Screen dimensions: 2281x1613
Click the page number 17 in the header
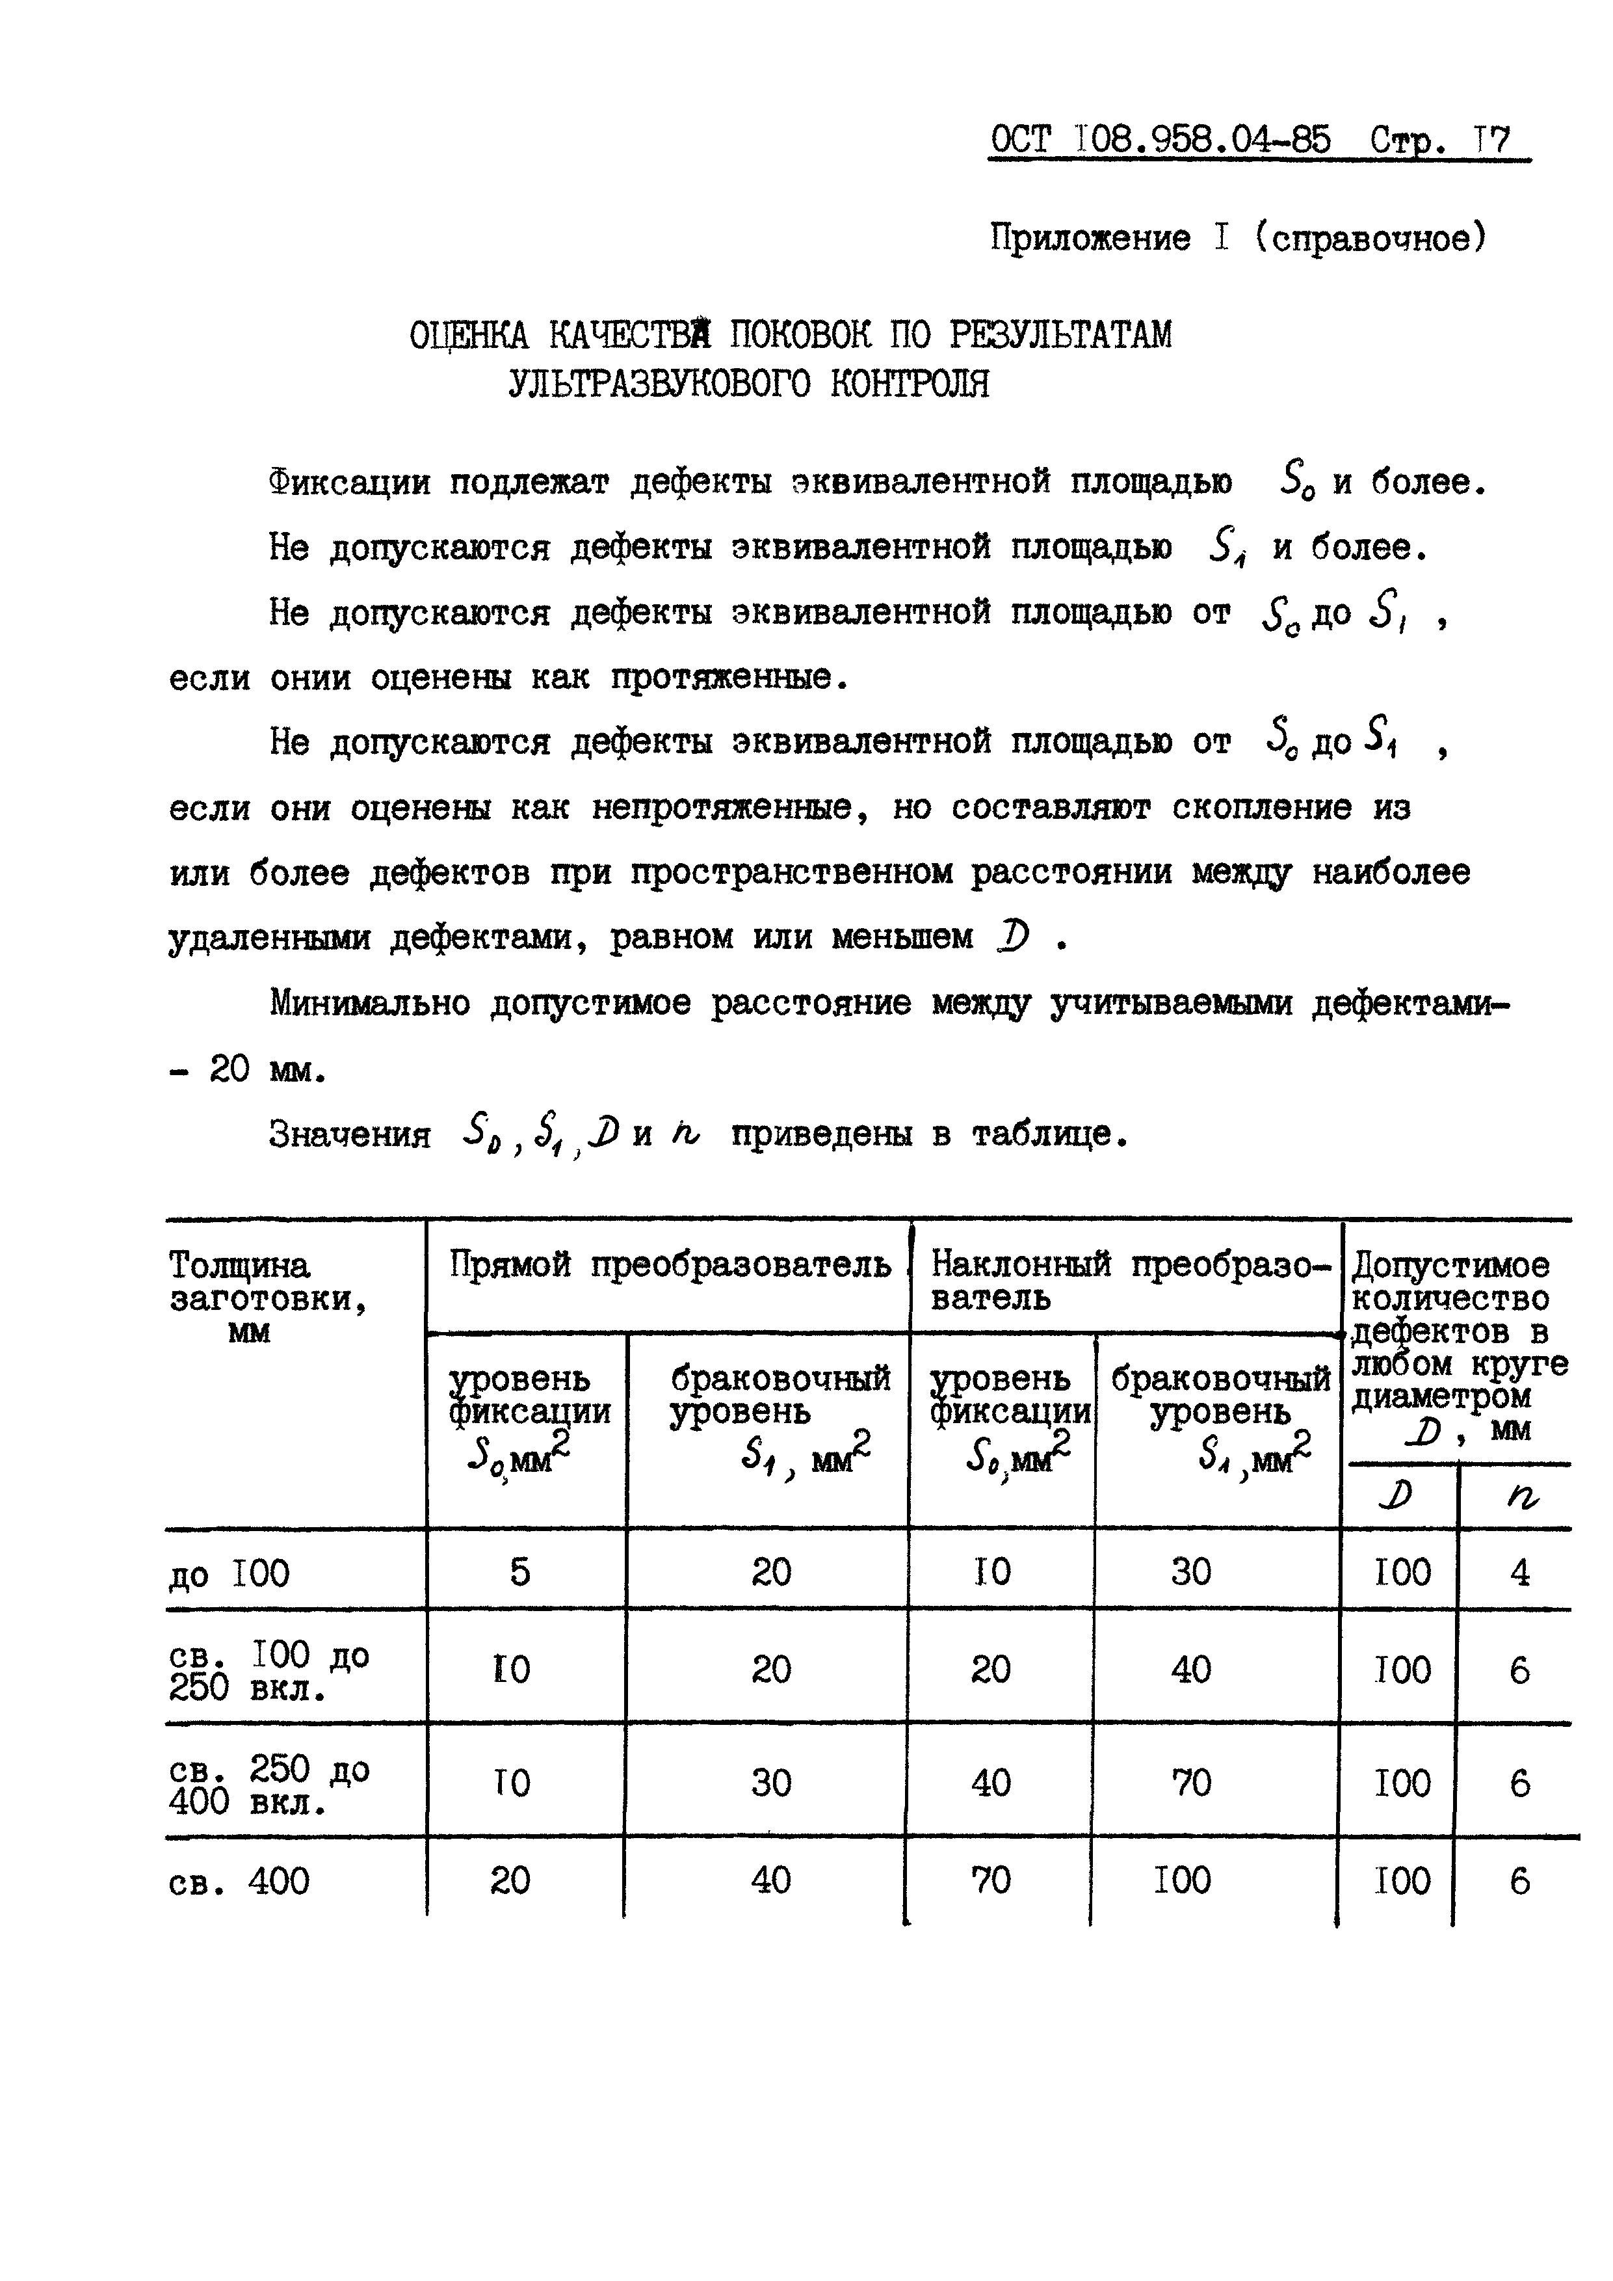(x=1492, y=140)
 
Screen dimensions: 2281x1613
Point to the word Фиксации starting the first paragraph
(x=350, y=483)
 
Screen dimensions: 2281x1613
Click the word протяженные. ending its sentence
(x=730, y=678)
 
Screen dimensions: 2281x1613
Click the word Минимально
(x=369, y=1004)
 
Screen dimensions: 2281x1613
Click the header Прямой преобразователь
(x=670, y=1264)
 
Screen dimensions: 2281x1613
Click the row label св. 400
(x=239, y=1880)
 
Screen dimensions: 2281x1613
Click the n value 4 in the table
(x=1519, y=1573)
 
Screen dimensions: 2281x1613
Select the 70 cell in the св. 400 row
(x=991, y=1880)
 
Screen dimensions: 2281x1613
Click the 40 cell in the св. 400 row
(x=772, y=1880)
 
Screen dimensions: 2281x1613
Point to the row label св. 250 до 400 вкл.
(x=268, y=1784)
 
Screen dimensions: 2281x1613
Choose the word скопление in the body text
(x=1261, y=808)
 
